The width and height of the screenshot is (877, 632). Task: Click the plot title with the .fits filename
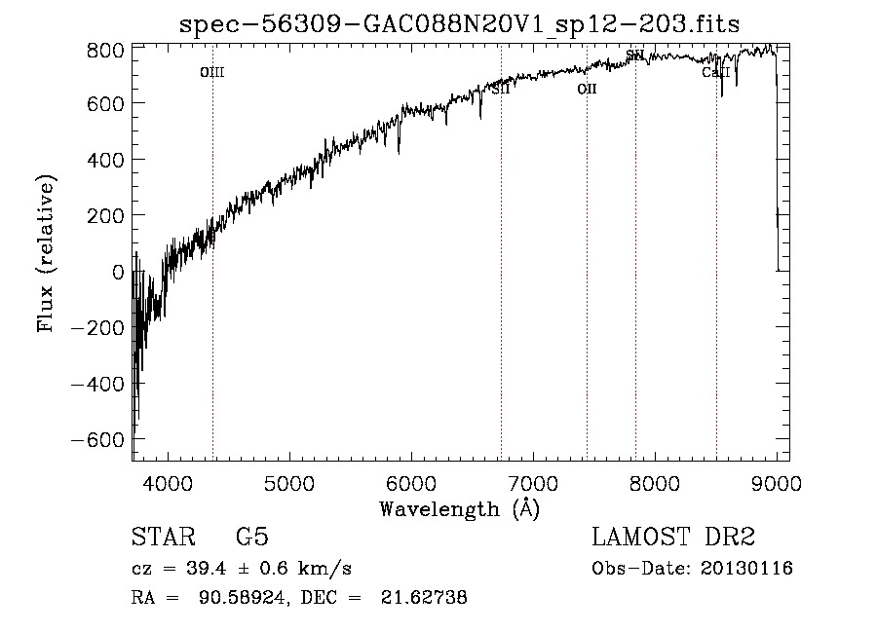pos(460,23)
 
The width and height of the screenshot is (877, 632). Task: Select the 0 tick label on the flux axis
pos(118,272)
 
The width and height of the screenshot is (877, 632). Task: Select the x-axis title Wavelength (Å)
pos(459,508)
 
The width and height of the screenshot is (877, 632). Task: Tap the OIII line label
pos(212,72)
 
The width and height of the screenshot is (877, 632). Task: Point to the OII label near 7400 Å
pos(587,89)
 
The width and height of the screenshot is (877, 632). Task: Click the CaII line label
pos(716,72)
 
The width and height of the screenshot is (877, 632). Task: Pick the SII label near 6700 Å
pos(501,89)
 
